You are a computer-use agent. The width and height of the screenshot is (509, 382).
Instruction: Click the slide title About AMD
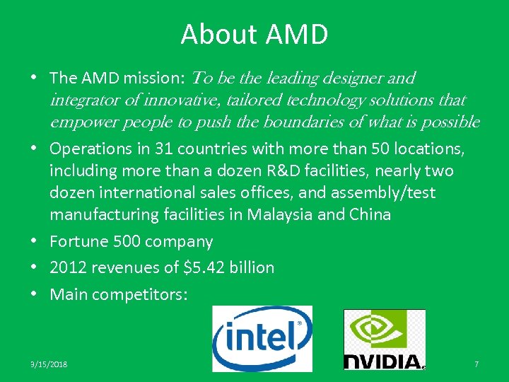click(254, 35)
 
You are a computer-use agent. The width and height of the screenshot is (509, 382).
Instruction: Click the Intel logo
click(262, 338)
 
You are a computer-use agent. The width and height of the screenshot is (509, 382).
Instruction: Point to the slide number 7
click(476, 364)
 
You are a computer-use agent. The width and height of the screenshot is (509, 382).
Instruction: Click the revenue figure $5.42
click(199, 267)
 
